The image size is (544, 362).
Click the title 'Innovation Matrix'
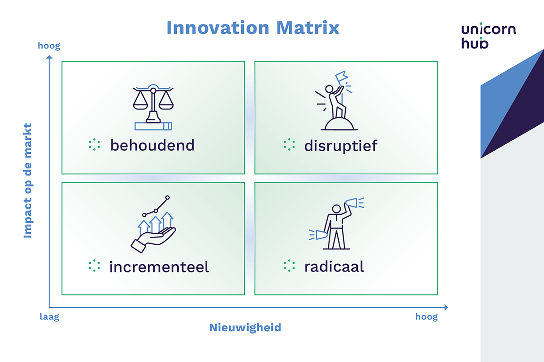[x=253, y=28]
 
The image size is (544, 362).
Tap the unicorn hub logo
[x=488, y=36]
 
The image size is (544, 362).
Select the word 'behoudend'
[x=152, y=145]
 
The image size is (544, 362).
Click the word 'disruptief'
[x=340, y=146]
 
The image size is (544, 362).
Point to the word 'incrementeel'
[x=159, y=267]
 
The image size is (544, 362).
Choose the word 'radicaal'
[x=334, y=267]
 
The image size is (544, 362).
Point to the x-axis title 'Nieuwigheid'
[x=245, y=327]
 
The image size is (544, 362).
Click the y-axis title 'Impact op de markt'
[x=28, y=180]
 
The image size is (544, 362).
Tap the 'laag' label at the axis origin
[x=49, y=317]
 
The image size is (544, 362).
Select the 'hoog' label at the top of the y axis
[x=49, y=46]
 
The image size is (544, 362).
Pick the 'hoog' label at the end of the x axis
[x=427, y=317]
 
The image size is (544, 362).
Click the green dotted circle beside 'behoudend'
[x=94, y=144]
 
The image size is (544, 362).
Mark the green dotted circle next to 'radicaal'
[x=289, y=266]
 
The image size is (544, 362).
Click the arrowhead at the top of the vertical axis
[x=49, y=57]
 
